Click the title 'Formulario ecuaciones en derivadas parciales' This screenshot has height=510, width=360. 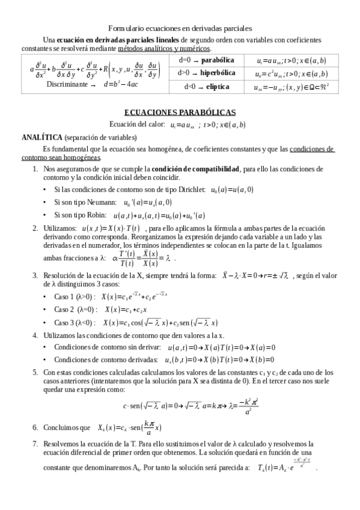click(180, 28)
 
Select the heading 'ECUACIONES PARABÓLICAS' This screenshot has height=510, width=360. click(180, 112)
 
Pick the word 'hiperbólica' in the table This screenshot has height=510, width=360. click(221, 73)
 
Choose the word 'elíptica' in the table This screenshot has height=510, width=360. click(217, 87)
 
